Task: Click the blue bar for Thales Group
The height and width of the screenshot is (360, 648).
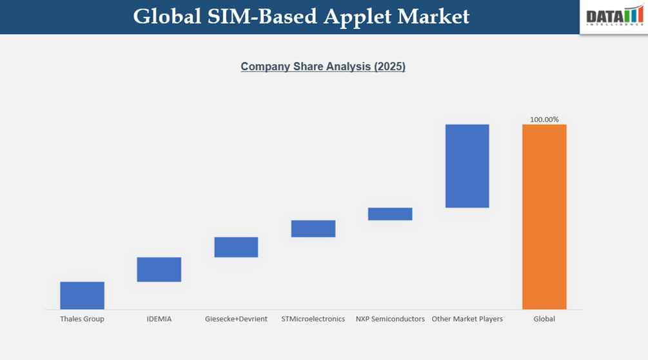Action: (x=82, y=295)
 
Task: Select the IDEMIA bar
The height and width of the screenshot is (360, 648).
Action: (x=159, y=269)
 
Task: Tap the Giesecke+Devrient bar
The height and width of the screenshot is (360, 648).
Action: (x=236, y=247)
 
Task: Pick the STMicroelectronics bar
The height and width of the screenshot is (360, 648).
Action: (x=313, y=228)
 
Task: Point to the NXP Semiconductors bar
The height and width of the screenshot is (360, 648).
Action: (x=390, y=214)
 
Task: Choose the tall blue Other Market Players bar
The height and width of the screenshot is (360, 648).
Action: (x=467, y=166)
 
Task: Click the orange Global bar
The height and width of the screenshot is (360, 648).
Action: (x=544, y=217)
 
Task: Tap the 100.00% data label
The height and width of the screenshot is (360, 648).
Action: (x=544, y=119)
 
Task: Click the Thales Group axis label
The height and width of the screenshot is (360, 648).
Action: (x=82, y=319)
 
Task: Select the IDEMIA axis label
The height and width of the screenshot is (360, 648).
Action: (x=159, y=319)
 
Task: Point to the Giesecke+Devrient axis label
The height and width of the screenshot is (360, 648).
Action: (x=236, y=319)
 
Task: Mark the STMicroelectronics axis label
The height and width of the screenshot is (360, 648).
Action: (x=313, y=319)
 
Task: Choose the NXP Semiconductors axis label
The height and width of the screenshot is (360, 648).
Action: (x=390, y=319)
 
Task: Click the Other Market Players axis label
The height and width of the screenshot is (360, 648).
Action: (x=467, y=319)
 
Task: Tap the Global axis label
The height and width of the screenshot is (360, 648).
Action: (x=544, y=319)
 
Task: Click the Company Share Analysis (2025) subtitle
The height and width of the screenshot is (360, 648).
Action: (x=323, y=66)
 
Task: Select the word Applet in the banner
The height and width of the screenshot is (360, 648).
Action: (x=357, y=17)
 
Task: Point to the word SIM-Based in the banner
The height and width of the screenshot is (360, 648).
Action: (x=262, y=17)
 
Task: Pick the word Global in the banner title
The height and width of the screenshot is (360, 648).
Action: (x=167, y=17)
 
